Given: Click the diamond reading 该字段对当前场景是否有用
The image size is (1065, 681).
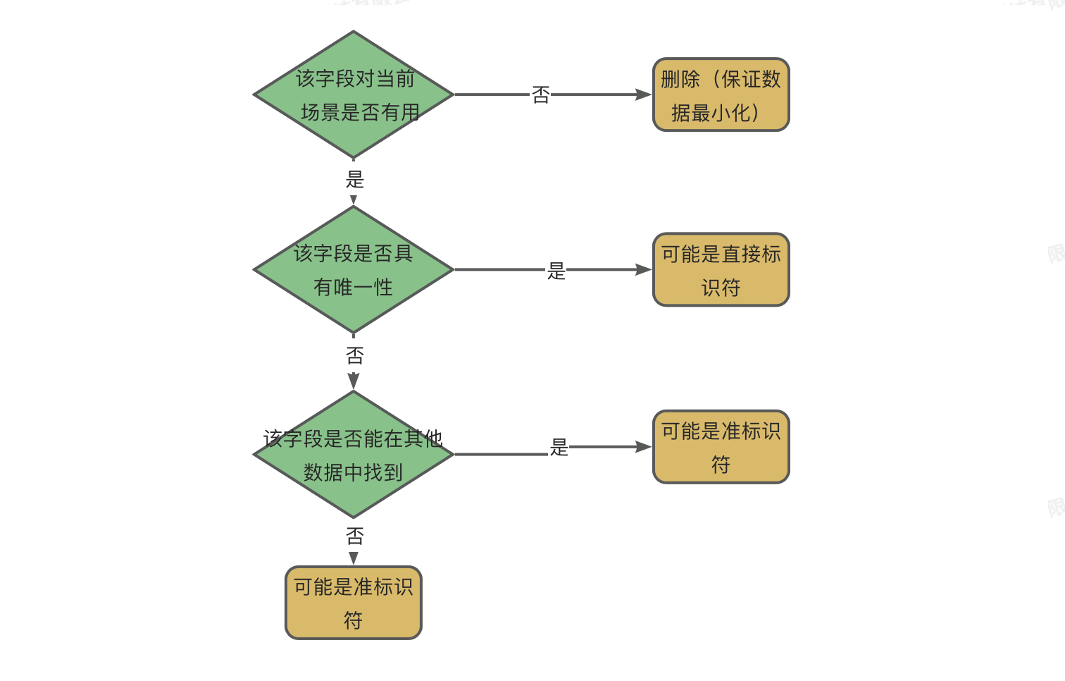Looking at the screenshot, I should click(354, 94).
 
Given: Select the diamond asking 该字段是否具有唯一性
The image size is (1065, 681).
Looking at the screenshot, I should click(354, 269).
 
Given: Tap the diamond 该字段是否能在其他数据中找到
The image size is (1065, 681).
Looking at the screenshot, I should click(354, 455).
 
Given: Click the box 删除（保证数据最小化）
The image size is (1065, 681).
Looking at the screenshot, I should click(721, 94).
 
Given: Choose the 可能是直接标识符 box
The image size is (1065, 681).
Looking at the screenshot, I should click(721, 270).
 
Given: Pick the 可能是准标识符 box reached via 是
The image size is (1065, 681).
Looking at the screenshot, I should click(721, 447).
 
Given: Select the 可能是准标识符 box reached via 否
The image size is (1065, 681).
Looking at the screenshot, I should click(354, 603).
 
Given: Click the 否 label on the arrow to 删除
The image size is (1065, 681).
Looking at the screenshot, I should click(541, 94).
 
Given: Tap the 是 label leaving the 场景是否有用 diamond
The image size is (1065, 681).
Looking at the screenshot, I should click(355, 179).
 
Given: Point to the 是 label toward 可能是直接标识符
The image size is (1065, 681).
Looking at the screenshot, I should click(556, 271).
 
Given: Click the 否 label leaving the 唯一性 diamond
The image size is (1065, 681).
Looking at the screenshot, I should click(355, 355).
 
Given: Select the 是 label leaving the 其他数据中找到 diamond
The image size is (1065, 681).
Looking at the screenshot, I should click(559, 447).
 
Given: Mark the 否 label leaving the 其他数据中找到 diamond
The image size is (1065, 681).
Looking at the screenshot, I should click(355, 536).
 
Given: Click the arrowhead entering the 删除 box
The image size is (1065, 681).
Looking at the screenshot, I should click(644, 94).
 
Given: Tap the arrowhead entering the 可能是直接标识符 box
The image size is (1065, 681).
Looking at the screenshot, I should click(644, 270).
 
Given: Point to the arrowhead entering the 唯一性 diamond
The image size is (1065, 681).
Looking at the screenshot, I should click(354, 200).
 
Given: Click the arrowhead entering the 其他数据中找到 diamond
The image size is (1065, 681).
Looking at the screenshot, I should click(354, 381).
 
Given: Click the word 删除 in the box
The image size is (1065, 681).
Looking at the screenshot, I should click(680, 79).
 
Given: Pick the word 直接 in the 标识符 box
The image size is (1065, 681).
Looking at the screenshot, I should click(741, 254).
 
